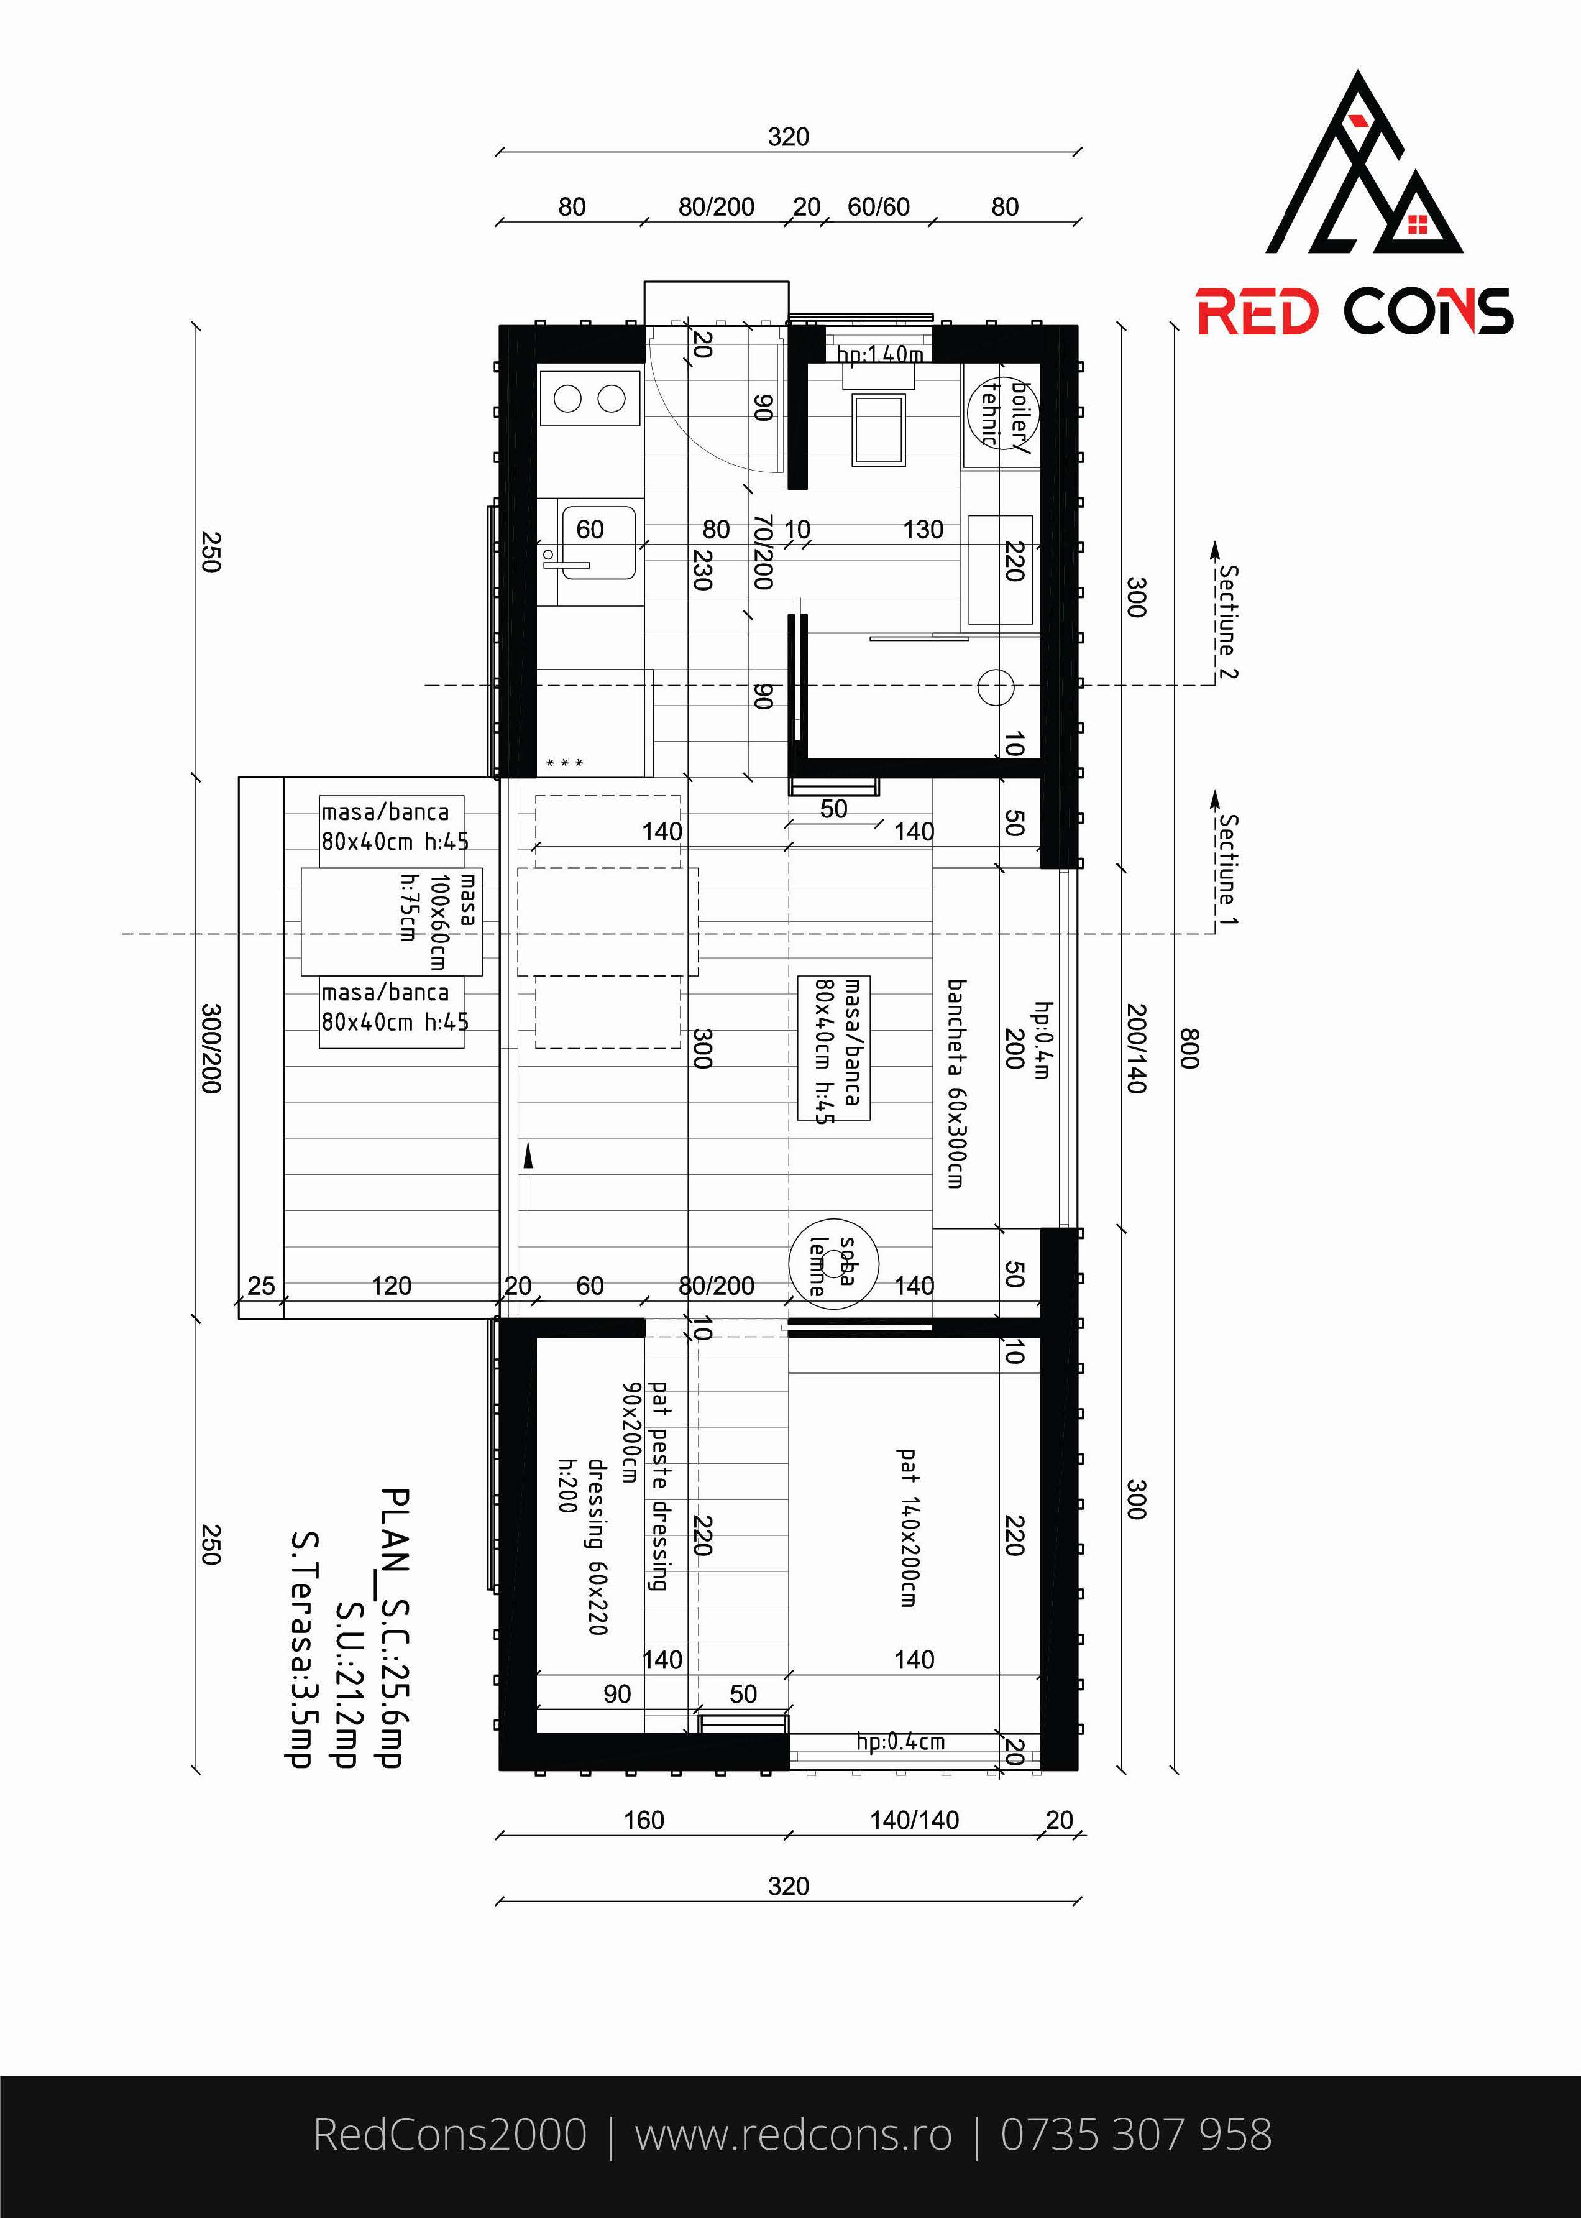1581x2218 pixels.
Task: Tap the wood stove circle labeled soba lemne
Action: point(833,1265)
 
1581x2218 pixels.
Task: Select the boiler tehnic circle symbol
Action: point(1002,413)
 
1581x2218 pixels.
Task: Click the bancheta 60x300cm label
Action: point(955,1084)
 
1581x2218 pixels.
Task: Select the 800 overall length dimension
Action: point(1189,1049)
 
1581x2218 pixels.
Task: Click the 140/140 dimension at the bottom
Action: point(914,1820)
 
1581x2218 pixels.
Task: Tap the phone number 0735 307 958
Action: point(1136,2134)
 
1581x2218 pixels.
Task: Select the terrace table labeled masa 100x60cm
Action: point(392,921)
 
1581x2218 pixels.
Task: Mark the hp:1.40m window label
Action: point(880,354)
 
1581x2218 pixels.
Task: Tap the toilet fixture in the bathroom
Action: point(880,425)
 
